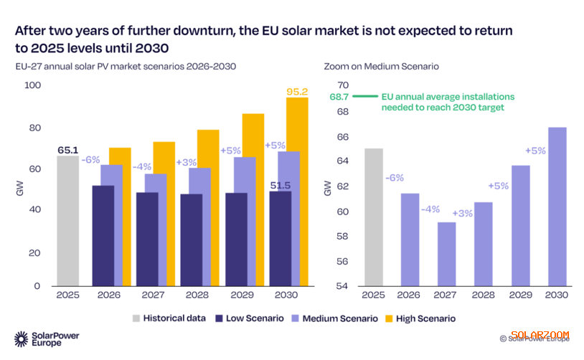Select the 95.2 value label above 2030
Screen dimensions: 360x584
coord(296,91)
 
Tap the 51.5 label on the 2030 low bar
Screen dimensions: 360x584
coord(280,185)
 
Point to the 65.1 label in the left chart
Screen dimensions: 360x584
coord(68,150)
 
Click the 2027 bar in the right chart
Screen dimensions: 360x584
coord(446,254)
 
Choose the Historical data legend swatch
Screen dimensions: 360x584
coord(137,318)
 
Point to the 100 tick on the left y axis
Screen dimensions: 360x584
coord(33,85)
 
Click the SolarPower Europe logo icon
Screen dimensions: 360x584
coord(22,338)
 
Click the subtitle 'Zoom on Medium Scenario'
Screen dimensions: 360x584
coord(381,66)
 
